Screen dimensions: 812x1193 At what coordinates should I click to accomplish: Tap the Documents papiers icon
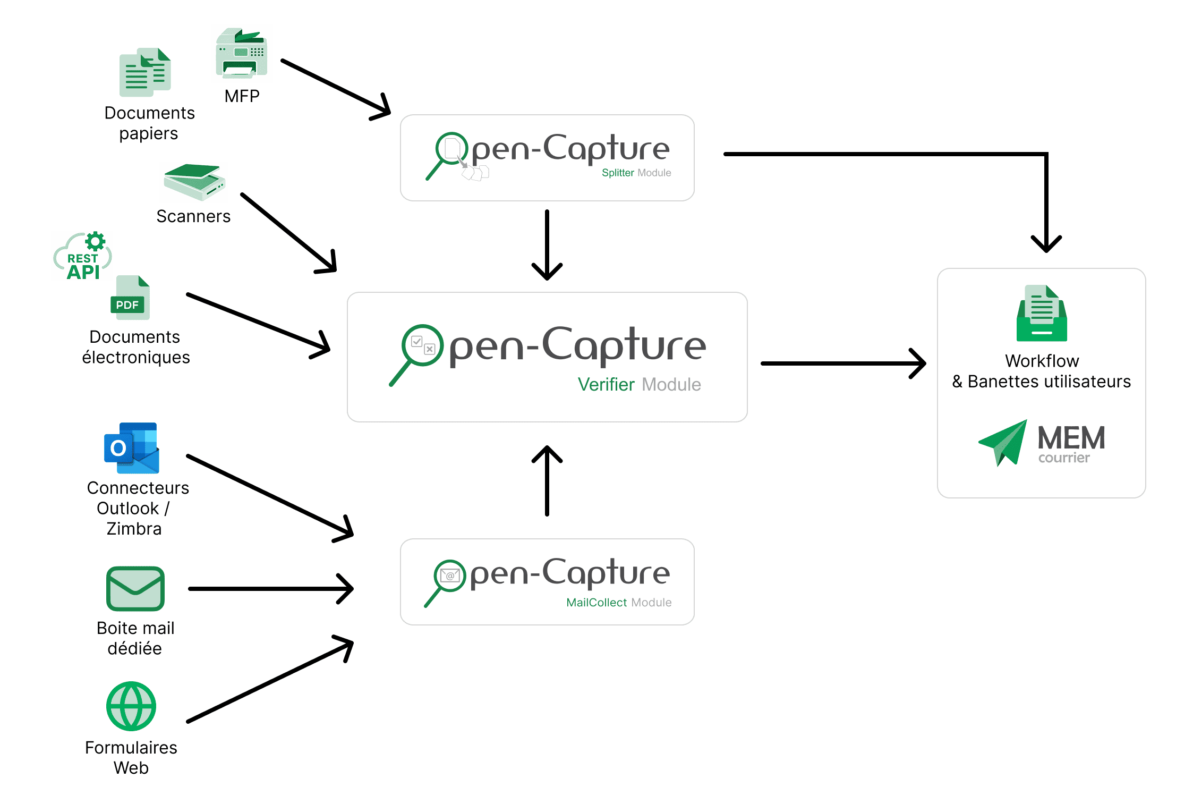coord(145,73)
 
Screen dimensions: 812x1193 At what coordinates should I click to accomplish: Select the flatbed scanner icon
coord(194,182)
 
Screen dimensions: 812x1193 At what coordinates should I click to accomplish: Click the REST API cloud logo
coord(82,257)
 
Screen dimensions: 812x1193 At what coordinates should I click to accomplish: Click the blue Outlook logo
coord(132,448)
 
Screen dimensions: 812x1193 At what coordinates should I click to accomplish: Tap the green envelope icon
coord(135,589)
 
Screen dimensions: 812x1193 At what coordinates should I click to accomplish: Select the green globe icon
coord(131,706)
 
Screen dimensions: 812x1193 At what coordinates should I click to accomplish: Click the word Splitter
coord(618,173)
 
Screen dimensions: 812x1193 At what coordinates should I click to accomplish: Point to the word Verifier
coord(606,384)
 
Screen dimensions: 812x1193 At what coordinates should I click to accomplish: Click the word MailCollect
coord(596,603)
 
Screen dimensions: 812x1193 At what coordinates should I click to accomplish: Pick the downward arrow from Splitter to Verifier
coord(547,244)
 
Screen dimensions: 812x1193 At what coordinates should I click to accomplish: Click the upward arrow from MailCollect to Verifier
coord(547,481)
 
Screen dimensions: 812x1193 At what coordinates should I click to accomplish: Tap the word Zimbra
coord(134,529)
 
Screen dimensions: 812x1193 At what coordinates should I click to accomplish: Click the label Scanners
coord(193,216)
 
